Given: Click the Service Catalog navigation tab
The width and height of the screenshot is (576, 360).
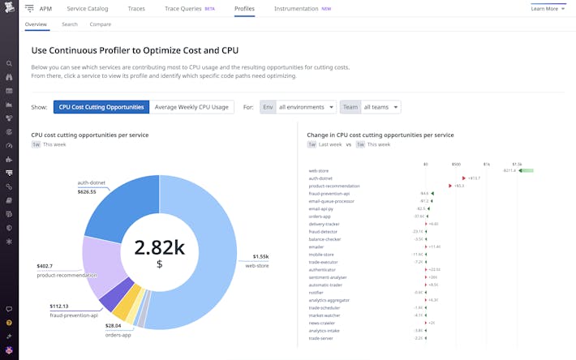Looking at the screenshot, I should [87, 8].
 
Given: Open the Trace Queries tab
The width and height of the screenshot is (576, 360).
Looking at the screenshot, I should [184, 8].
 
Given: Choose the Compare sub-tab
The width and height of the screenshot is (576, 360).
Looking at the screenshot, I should [101, 24].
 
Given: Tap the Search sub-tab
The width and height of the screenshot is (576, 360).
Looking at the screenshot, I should [70, 24].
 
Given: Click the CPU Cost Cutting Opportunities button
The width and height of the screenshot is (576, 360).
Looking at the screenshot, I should [101, 107].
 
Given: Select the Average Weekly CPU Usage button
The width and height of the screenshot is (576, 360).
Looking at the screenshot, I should [191, 107].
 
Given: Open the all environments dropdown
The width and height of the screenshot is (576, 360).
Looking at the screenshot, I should [306, 107].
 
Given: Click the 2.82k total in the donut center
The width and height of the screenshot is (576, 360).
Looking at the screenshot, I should [160, 248].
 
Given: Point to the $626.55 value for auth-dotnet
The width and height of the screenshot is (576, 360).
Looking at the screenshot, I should [87, 191].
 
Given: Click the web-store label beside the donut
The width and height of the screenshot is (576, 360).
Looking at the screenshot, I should [256, 265].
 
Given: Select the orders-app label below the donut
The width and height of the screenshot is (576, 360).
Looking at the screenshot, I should [118, 334].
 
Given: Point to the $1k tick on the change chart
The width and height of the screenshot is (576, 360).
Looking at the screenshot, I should [486, 164].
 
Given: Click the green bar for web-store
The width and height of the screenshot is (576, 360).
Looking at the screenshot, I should [526, 171].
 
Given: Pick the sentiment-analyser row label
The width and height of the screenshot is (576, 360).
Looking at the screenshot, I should [327, 277].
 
